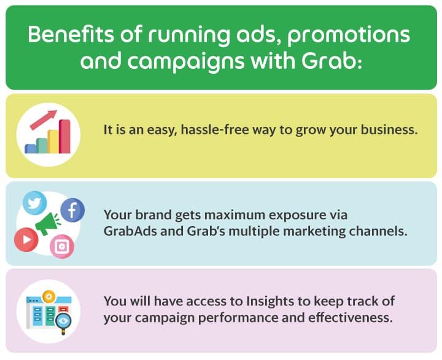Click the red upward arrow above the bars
pos(43,119)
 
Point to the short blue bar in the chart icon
pos(31,148)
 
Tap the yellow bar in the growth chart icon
pos(53,141)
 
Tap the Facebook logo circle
pos(72,211)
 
